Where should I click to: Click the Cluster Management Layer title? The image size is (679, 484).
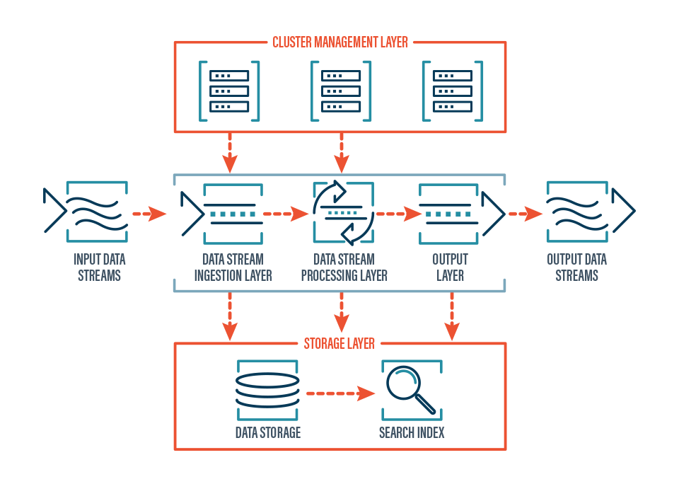[340, 42]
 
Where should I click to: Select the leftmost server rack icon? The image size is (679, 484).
[229, 91]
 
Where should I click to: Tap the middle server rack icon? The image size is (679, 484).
[341, 91]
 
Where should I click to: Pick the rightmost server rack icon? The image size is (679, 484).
[452, 91]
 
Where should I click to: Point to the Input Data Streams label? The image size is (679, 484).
[99, 267]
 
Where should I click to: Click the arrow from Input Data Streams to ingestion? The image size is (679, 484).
[149, 212]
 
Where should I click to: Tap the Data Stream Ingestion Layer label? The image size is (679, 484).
[233, 267]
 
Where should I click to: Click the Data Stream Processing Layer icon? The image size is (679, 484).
[342, 212]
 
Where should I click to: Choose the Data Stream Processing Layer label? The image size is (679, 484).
[344, 267]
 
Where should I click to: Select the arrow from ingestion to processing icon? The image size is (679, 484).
[286, 212]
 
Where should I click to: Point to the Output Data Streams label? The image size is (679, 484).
[576, 267]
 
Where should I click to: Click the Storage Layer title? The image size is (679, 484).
[339, 344]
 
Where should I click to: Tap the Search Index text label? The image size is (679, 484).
[412, 432]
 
